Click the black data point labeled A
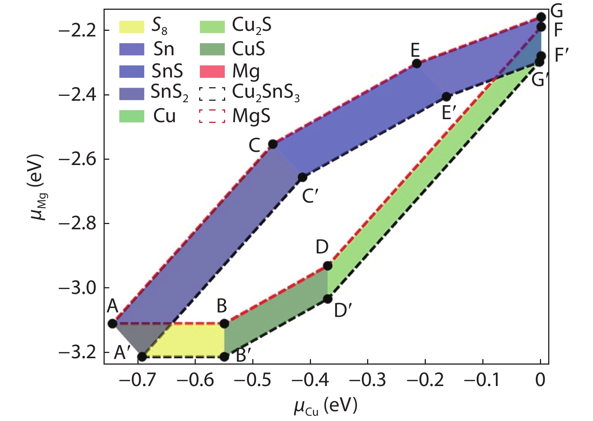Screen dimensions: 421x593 click(x=113, y=323)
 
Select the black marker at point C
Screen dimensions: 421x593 click(x=273, y=144)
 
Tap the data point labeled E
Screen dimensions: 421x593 click(x=416, y=64)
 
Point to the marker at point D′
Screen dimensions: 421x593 click(x=328, y=299)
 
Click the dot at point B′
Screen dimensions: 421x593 click(x=224, y=356)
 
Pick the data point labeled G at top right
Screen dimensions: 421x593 click(x=541, y=17)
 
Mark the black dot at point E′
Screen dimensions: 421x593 click(x=446, y=97)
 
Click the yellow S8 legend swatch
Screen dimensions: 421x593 click(x=131, y=27)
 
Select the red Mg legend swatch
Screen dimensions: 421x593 click(x=212, y=71)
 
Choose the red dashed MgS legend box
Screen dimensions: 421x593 click(x=212, y=116)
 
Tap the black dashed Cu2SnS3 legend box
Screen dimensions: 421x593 click(x=212, y=94)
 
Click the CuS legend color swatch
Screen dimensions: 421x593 click(x=212, y=49)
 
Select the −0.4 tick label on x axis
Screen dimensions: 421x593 click(x=310, y=380)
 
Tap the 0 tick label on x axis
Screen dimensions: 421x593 click(x=540, y=380)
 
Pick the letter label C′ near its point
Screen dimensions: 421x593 click(x=311, y=195)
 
